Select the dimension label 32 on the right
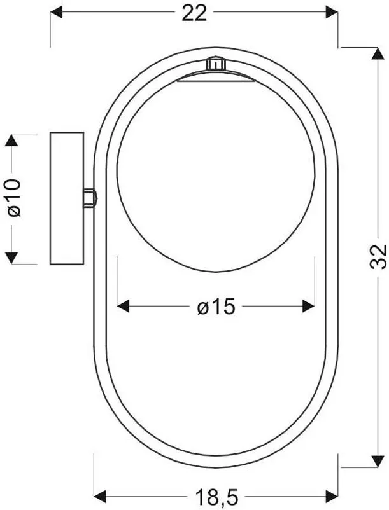[x=378, y=256]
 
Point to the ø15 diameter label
[x=216, y=307]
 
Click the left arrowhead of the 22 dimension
[x=56, y=12]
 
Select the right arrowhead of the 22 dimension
[x=332, y=12]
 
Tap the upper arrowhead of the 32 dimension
[x=378, y=53]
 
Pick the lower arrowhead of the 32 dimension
[x=378, y=461]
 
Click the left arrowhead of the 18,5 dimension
[x=100, y=497]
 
